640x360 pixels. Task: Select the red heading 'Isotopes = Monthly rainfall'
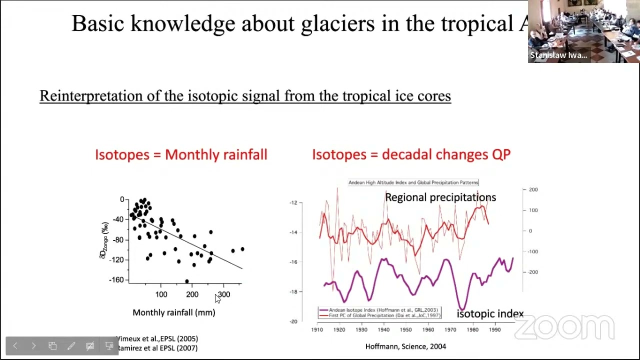pos(181,154)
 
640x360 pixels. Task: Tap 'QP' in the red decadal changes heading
pos(500,154)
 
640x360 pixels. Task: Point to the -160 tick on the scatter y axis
pos(115,280)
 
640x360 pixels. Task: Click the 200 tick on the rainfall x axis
pos(192,294)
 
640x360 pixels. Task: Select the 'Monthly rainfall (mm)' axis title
pos(173,312)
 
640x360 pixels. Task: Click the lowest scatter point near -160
pos(187,282)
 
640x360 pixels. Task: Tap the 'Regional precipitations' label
pos(440,197)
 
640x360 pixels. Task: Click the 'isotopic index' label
pos(490,314)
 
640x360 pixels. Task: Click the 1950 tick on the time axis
pos(405,329)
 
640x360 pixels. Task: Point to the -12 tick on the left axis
pos(293,202)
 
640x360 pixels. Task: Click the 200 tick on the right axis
pos(533,189)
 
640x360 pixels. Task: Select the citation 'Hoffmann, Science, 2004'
pos(405,346)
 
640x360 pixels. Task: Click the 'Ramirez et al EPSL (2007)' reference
pos(157,348)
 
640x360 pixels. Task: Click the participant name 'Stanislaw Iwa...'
pos(558,55)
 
